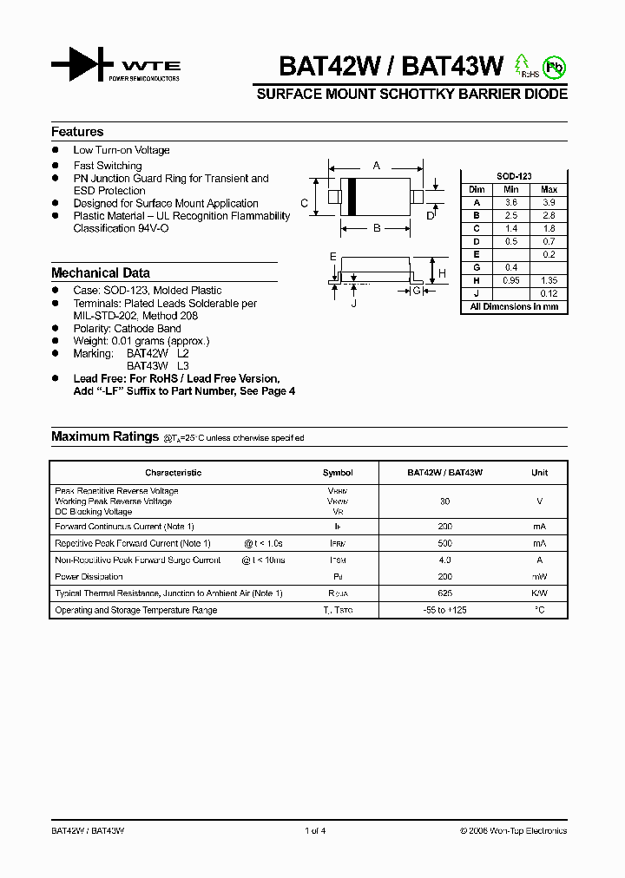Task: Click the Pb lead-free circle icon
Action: pos(554,67)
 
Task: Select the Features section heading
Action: pos(77,132)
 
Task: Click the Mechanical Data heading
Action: pos(101,272)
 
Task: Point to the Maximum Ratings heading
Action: pos(105,437)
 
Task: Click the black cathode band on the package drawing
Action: pos(352,196)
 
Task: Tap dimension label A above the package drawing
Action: pos(376,165)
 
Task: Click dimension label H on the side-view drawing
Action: pos(442,273)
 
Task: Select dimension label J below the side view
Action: pos(354,303)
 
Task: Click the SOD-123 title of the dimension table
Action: pos(513,176)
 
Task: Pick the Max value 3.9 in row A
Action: pos(549,202)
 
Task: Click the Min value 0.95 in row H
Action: pos(511,281)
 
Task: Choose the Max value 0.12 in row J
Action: pos(549,294)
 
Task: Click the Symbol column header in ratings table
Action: pos(338,473)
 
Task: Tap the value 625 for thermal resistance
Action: pos(444,593)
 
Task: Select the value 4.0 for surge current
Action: pos(444,560)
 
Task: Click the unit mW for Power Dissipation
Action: pos(539,577)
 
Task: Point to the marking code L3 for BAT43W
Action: pos(182,366)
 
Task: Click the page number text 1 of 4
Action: pos(315,831)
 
